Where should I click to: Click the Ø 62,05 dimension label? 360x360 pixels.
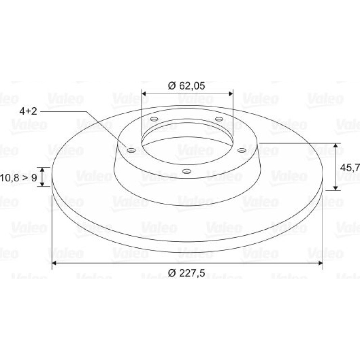[x=186, y=86]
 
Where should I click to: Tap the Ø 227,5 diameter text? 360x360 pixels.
[x=186, y=273]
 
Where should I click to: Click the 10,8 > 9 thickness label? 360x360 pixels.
[x=18, y=177]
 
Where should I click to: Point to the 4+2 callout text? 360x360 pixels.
[x=28, y=111]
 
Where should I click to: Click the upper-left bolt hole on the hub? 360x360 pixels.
[x=154, y=119]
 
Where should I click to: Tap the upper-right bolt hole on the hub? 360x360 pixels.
[x=219, y=119]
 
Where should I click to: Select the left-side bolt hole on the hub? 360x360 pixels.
[x=131, y=150]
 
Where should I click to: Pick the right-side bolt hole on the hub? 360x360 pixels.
[x=242, y=150]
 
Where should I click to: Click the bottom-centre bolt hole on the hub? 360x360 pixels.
[x=186, y=171]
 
